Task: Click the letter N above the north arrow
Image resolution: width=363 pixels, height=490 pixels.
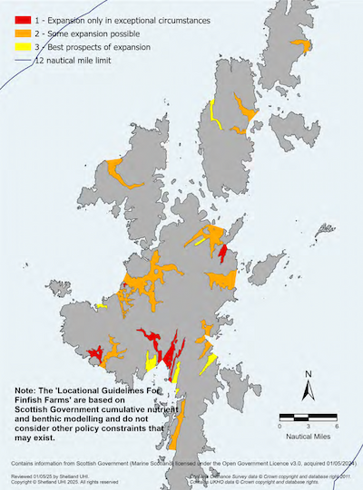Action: coord(309,373)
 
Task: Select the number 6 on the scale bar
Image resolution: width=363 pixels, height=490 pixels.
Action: coord(337,425)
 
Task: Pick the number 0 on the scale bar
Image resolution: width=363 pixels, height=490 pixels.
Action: coord(280,425)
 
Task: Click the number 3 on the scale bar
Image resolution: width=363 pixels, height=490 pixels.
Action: coord(309,425)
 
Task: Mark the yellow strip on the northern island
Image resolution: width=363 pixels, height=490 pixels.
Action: coord(215,115)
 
